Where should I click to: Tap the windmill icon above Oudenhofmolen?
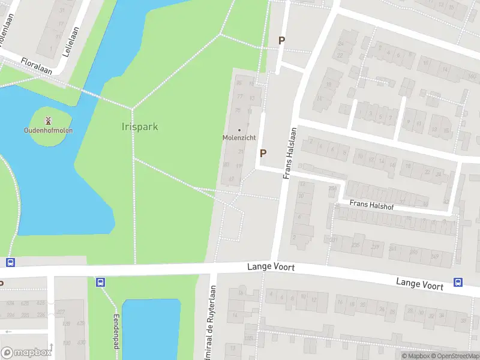coord(48,119)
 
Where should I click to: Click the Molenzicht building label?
coord(239,137)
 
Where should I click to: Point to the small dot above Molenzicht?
coord(239,130)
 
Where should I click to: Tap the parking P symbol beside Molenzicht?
coord(263,154)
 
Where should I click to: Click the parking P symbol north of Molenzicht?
coord(281,41)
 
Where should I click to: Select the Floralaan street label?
coord(36,66)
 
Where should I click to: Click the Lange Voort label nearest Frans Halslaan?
coord(271,266)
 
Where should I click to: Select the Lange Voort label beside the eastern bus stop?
coord(419,283)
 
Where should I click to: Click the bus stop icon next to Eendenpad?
coord(100,282)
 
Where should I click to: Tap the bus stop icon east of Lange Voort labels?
coord(458,283)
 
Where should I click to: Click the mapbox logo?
coord(26,352)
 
